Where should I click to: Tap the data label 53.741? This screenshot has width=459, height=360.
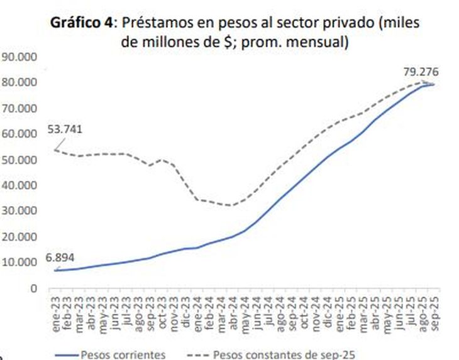tap(65, 129)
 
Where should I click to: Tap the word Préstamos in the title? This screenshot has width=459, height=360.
tap(152, 23)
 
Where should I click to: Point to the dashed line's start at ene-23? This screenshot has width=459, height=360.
tap(55, 150)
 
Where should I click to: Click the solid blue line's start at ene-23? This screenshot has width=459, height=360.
tap(55, 270)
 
